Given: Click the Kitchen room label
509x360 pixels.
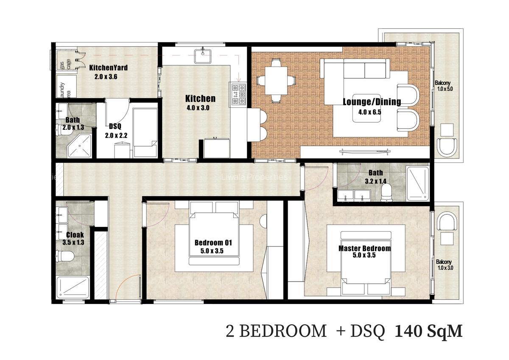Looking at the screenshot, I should click(200, 99).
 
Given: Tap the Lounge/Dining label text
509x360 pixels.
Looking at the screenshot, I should click(372, 101).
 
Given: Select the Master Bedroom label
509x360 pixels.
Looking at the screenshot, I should click(364, 248).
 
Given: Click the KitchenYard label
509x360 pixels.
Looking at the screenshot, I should click(108, 67).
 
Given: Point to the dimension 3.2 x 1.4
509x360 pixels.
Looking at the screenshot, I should click(375, 181).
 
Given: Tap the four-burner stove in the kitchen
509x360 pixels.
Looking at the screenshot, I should click(238, 95).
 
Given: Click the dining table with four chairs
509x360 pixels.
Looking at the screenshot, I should click(276, 81).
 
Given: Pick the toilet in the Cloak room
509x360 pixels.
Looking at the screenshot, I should click(66, 256).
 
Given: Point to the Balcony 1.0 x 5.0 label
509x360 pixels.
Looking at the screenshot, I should click(445, 86).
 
